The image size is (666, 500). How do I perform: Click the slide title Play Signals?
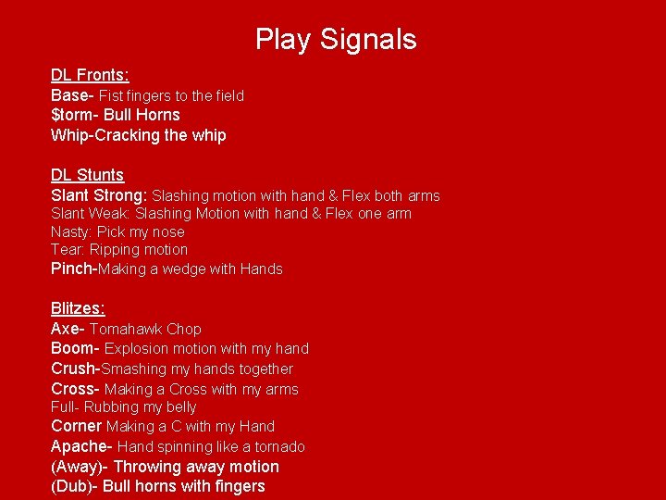tap(336, 39)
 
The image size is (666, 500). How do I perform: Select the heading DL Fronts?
tap(90, 75)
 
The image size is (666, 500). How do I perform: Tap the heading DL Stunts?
tap(87, 175)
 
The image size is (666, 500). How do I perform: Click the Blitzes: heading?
tap(78, 308)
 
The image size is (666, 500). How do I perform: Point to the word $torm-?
tap(75, 115)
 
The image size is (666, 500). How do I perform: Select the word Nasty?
tap(71, 231)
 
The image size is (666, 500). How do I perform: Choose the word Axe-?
tap(68, 329)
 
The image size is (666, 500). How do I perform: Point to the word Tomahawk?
tap(126, 329)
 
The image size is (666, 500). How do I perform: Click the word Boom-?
tap(75, 348)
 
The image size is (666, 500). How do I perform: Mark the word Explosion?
tap(136, 348)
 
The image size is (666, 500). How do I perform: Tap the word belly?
tap(179, 406)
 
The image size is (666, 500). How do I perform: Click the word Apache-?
tap(81, 446)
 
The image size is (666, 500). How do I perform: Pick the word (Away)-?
tap(80, 467)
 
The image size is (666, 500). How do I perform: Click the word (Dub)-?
tap(75, 486)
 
